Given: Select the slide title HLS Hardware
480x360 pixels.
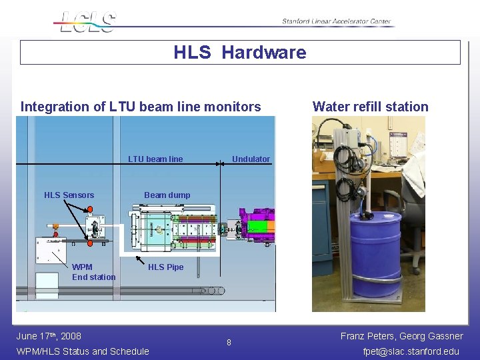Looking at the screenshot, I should [240, 53].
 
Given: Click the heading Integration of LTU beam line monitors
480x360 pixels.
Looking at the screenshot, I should [141, 107].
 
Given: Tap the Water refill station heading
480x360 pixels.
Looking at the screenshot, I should [370, 107].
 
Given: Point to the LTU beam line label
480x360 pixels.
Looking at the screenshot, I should [155, 159].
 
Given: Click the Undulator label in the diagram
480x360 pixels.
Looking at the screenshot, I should [251, 159].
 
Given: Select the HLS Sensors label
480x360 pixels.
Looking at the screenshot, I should [69, 195].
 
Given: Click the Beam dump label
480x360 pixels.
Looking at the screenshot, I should [167, 195].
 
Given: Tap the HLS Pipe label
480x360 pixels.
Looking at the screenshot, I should [165, 267].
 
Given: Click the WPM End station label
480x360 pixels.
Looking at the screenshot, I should [93, 272].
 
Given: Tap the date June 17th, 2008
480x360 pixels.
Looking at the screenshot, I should [48, 336].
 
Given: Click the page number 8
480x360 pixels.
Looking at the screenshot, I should [229, 343].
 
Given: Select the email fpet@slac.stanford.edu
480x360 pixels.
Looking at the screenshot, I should [411, 351].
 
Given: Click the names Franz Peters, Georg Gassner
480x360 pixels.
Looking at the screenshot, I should [401, 336].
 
